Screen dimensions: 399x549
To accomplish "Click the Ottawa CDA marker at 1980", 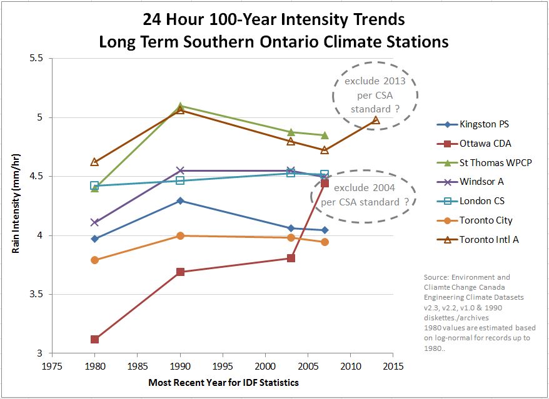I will pos(94,339).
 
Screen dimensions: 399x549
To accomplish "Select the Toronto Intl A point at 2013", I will pos(375,120).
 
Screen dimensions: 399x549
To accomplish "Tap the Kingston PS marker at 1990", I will pos(180,200).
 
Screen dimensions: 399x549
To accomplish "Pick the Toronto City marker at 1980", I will pos(94,260).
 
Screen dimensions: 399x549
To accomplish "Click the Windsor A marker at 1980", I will pos(94,222).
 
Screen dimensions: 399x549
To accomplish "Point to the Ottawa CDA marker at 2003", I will pos(291,258).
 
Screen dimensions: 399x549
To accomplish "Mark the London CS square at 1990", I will pos(180,180).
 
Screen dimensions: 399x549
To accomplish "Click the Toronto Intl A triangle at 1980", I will pos(94,162).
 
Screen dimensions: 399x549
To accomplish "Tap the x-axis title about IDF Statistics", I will pos(223,382).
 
